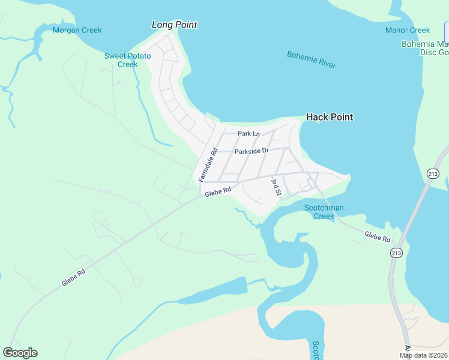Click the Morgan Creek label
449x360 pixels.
pos(77,30)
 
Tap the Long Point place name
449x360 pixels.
pos(174,25)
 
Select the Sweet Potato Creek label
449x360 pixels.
pos(127,60)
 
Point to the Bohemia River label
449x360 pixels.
pos(312,60)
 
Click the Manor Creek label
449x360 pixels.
pos(408,30)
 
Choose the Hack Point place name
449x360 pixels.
pos(330,117)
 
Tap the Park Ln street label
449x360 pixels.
pos(249,134)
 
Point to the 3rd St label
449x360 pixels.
pos(276,187)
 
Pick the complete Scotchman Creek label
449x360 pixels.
pos(324,212)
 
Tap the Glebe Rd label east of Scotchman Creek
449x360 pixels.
pos(378,237)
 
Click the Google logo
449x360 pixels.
pos(20,353)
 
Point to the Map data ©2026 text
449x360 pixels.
pos(423,355)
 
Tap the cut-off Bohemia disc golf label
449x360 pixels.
pos(425,48)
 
